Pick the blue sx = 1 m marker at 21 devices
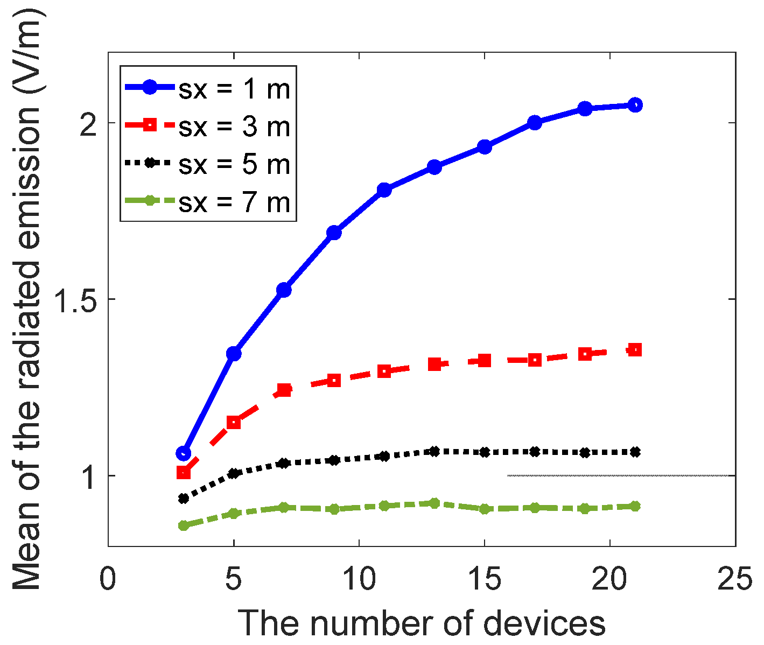tap(635, 105)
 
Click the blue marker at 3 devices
tap(184, 453)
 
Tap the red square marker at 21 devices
tap(635, 350)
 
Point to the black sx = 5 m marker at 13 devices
tap(434, 451)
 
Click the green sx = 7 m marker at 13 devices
tap(434, 503)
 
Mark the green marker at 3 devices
tap(184, 525)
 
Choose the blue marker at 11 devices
tap(384, 190)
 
